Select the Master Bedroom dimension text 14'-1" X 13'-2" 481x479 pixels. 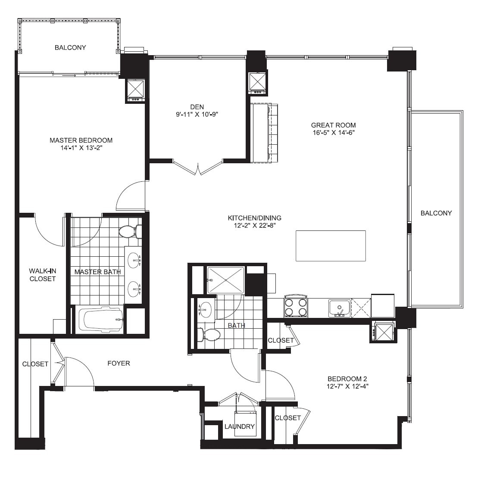point(81,148)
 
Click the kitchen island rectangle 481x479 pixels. point(331,246)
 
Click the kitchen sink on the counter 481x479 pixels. point(340,308)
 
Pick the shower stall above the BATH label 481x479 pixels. point(225,280)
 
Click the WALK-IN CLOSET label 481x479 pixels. point(42,275)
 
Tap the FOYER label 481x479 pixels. point(119,364)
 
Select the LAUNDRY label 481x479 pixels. point(240,426)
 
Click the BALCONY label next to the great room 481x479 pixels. point(436,213)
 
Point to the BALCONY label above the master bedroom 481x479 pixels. point(70,48)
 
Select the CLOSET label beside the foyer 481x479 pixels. point(35,364)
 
